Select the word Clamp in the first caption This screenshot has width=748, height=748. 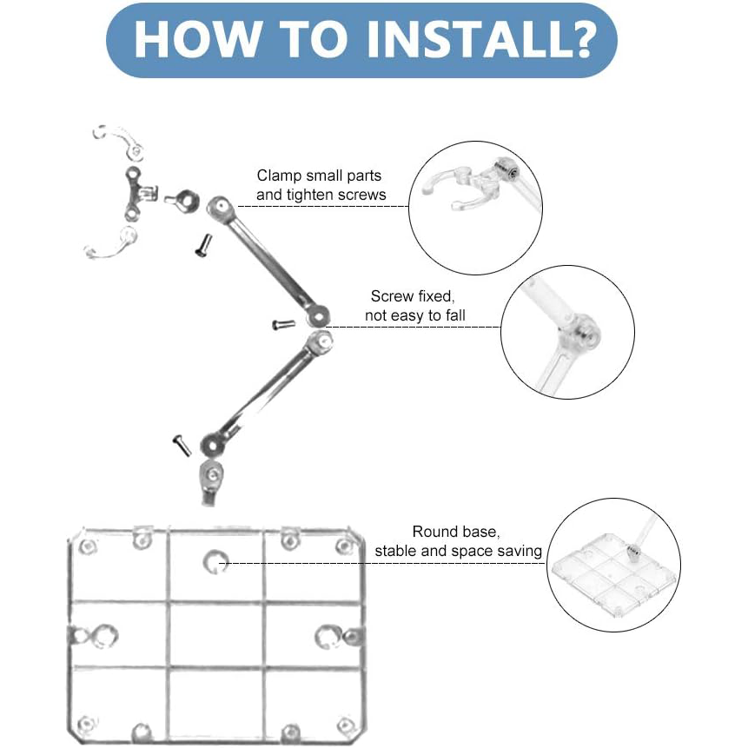[x=279, y=175]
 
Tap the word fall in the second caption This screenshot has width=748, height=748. [x=455, y=315]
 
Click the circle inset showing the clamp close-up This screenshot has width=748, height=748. [x=475, y=208]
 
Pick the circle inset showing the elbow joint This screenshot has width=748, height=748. [x=567, y=332]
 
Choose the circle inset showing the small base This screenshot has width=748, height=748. [x=613, y=566]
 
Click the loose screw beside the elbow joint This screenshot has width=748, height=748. [x=283, y=324]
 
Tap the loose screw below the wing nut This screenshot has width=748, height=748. [x=203, y=245]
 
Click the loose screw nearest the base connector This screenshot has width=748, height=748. [x=182, y=446]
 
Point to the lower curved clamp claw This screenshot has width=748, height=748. [x=113, y=244]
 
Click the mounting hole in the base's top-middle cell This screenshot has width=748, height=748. [x=215, y=561]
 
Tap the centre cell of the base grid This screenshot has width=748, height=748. [x=216, y=635]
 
